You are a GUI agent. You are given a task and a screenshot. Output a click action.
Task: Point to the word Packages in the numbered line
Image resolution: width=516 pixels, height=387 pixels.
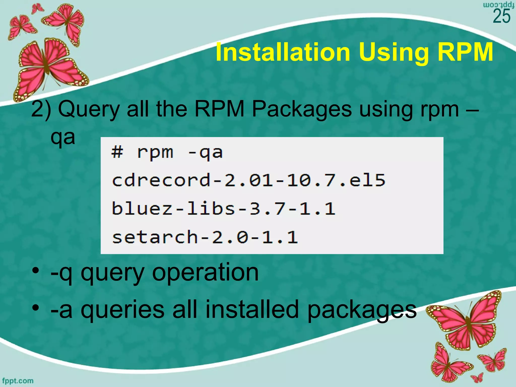point(302,109)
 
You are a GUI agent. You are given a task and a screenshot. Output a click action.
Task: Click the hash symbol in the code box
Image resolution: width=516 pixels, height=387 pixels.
point(117,152)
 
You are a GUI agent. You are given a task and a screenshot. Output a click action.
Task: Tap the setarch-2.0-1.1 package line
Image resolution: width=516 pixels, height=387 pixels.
point(205,237)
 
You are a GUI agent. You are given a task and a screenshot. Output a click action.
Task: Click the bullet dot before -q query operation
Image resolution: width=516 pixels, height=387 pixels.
point(36,271)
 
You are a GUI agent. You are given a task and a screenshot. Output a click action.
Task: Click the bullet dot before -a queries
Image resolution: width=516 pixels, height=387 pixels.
point(36,308)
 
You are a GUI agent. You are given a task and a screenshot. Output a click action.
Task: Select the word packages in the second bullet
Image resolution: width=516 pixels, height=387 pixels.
point(362,310)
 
